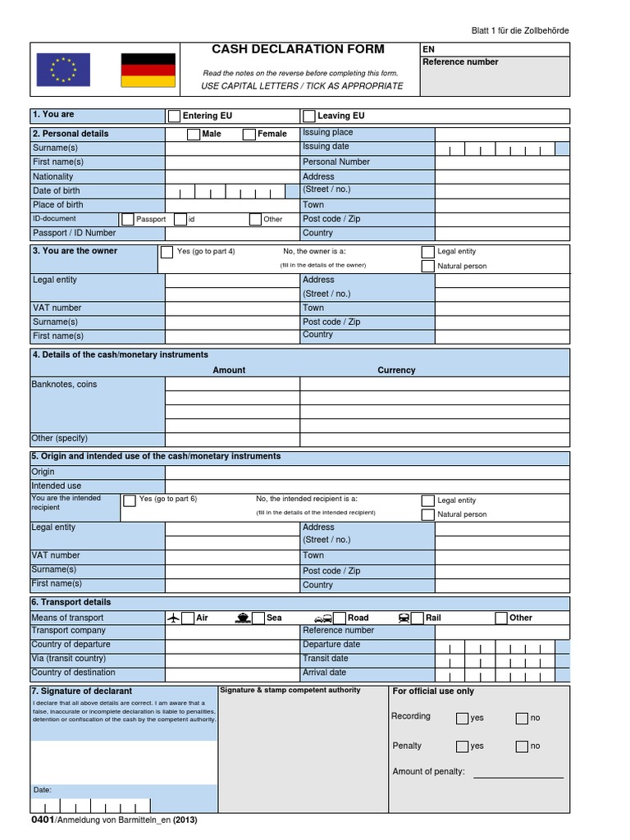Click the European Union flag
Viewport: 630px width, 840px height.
[x=63, y=70]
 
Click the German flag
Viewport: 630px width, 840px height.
[x=148, y=70]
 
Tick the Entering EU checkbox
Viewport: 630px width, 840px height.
[x=174, y=116]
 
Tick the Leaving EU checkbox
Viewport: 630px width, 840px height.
[x=309, y=116]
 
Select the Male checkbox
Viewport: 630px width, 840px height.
[x=193, y=134]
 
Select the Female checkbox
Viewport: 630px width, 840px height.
[x=249, y=134]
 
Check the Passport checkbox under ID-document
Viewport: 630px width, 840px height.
[x=127, y=219]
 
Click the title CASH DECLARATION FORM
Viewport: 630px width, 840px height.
[x=298, y=49]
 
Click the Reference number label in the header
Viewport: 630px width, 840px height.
[x=460, y=62]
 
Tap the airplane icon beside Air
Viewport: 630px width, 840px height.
[x=173, y=618]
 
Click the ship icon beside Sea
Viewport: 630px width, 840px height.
[x=242, y=618]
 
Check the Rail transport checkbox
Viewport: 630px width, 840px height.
[x=418, y=618]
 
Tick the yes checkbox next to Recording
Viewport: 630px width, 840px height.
[x=462, y=719]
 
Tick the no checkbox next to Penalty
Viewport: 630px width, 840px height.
[x=522, y=746]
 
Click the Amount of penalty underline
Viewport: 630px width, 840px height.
[x=518, y=776]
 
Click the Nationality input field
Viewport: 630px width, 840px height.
[x=233, y=176]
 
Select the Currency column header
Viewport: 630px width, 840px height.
[x=396, y=370]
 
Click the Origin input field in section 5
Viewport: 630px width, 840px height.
[x=367, y=472]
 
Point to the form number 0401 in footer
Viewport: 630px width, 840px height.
[x=43, y=819]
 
